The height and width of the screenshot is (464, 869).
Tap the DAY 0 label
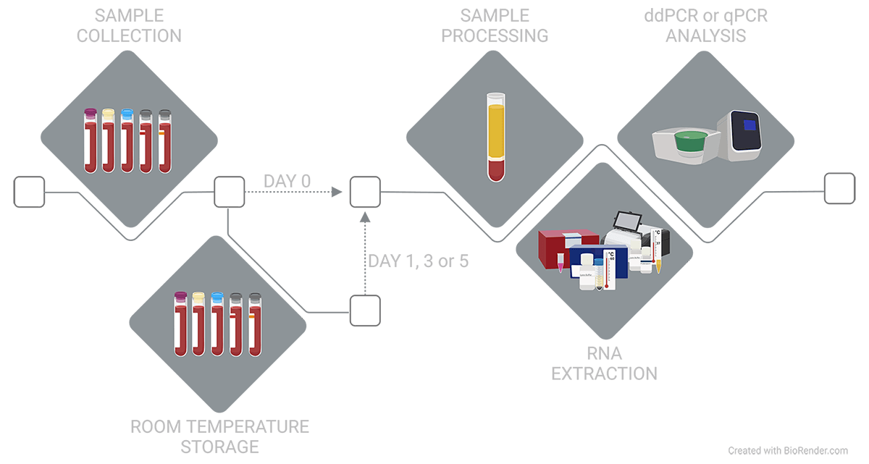click(x=287, y=181)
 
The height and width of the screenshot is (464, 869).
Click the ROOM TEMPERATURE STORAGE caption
click(x=219, y=436)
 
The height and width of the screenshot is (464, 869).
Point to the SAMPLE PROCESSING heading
click(x=495, y=25)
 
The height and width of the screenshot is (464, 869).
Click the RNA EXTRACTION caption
click(x=605, y=363)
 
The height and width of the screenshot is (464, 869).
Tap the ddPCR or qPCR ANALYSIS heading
click(x=696, y=25)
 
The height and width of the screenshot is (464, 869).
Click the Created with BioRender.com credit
click(x=787, y=450)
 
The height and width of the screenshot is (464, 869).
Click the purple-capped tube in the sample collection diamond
click(x=91, y=141)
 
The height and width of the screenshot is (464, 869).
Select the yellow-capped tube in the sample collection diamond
click(x=109, y=141)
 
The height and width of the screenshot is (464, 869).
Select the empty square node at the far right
click(x=839, y=187)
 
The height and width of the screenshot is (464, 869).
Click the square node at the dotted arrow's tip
click(x=365, y=192)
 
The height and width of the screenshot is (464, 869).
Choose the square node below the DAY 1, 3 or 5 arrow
click(x=365, y=311)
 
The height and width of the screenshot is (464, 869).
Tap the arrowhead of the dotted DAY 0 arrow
click(x=337, y=192)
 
